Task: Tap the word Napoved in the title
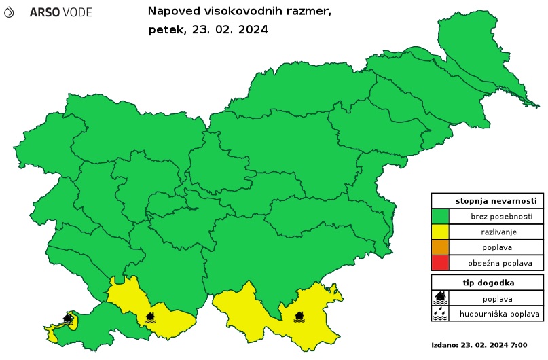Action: tap(172, 12)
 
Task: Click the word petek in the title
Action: tap(165, 29)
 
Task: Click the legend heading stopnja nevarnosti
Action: tap(487, 201)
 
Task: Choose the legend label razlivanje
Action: tap(496, 232)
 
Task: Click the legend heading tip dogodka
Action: tap(487, 283)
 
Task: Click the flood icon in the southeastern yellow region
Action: tap(299, 316)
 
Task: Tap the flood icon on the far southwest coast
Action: tap(67, 319)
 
